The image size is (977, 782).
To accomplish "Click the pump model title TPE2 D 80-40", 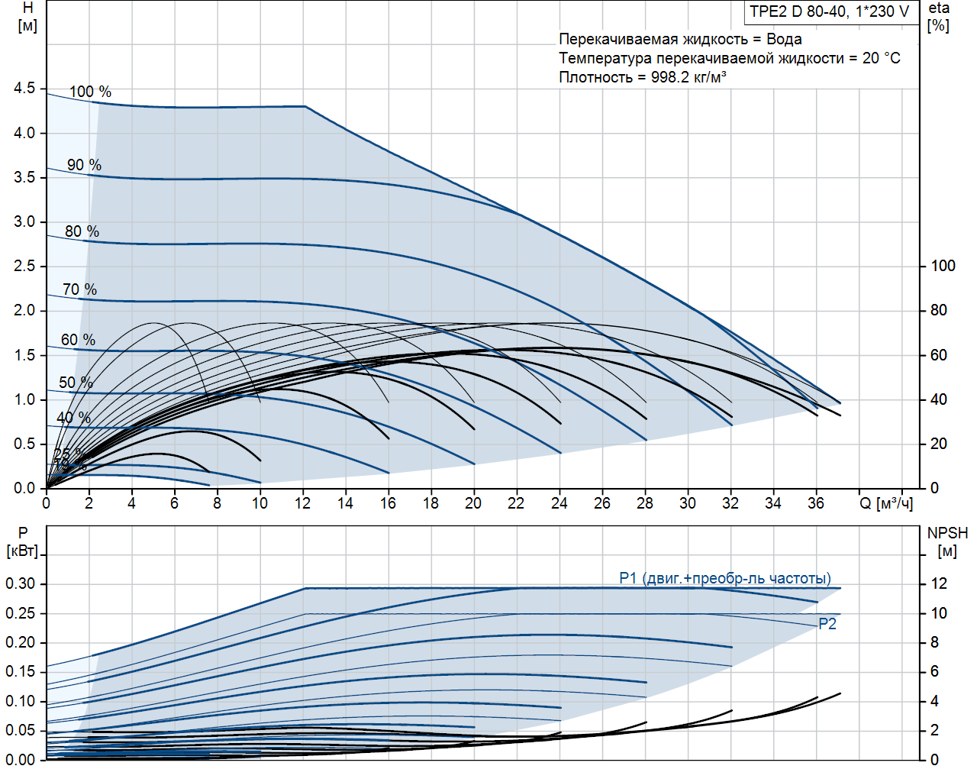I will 829,11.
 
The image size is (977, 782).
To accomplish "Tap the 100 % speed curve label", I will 90,92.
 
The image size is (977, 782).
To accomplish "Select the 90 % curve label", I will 84,165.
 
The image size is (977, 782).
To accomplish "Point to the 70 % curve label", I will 79,289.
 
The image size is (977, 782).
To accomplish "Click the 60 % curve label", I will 78,340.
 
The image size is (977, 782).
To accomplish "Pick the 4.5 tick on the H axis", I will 24,89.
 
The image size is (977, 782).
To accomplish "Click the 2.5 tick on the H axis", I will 24,266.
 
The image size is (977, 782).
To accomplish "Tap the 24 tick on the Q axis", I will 559,503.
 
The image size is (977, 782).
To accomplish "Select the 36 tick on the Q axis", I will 816,503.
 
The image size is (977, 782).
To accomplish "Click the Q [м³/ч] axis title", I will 885,503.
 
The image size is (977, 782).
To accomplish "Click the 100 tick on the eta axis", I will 943,266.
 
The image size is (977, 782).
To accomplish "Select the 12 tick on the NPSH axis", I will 938,584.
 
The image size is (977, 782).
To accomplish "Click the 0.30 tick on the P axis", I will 21,584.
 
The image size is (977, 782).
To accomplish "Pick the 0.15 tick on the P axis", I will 21,672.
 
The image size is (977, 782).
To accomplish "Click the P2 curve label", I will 827,624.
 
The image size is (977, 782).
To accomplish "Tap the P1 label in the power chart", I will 628,578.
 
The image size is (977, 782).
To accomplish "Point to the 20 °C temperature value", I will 881,58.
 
